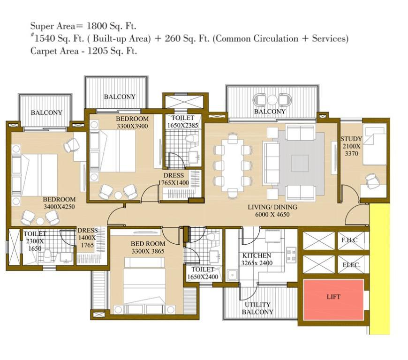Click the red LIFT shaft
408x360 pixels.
pos(333,300)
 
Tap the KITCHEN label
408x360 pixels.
pos(257,255)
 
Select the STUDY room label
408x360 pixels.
pos(351,139)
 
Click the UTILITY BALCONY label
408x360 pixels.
pos(257,308)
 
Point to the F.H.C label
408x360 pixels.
pos(349,240)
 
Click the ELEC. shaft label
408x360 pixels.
pos(351,265)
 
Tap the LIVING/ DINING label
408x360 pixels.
pos(272,207)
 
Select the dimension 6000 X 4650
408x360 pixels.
pos(272,215)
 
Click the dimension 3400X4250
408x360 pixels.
pos(59,207)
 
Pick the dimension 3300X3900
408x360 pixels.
pos(132,126)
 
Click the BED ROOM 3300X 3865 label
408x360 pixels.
pos(148,247)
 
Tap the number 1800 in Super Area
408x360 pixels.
pos(97,26)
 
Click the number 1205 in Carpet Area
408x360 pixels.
pos(98,51)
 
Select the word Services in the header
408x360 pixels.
pos(330,38)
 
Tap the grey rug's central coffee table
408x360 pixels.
pos(300,163)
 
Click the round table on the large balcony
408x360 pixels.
pos(272,100)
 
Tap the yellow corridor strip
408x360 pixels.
pos(379,269)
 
